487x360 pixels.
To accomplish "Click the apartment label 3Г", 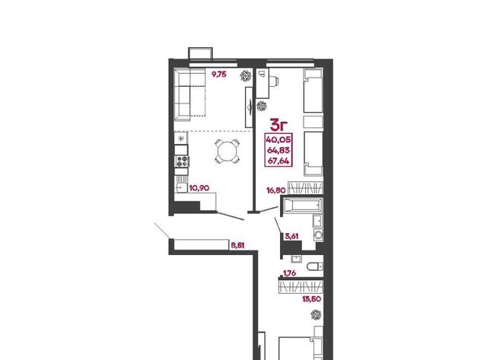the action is (x=279, y=125).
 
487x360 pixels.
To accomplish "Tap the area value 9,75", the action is (x=219, y=75).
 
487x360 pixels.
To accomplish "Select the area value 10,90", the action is (x=199, y=188).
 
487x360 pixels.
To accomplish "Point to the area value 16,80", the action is (x=275, y=190).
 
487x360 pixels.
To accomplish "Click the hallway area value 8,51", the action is (x=237, y=245).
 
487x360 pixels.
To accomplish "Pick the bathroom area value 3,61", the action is (x=291, y=237).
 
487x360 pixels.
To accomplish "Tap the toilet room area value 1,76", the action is (x=289, y=273).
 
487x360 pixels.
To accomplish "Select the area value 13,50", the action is (x=311, y=299).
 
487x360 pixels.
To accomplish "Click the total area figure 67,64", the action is (x=279, y=161).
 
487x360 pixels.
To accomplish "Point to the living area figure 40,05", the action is (x=279, y=139).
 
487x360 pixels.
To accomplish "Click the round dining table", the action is (x=228, y=151).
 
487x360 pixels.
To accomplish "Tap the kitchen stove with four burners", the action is (x=182, y=161).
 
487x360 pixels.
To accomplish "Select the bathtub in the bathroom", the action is (x=303, y=205).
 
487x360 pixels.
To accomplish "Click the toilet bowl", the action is (x=315, y=267).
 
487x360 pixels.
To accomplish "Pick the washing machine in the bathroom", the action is (x=318, y=234).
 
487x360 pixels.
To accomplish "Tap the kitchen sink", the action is (x=181, y=187).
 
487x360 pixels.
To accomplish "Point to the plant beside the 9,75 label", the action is (x=246, y=76).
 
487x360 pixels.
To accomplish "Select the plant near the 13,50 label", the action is (x=316, y=314).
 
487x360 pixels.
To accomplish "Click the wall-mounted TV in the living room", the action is (x=249, y=107).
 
